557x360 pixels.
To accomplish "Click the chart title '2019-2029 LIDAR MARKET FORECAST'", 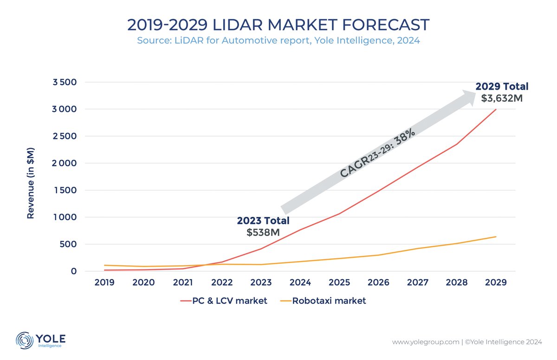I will click(x=278, y=24).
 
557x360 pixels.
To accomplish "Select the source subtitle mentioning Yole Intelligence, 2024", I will click(x=278, y=41).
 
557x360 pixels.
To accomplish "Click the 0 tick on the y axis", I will click(x=73, y=271).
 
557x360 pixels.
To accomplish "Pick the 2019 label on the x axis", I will click(x=104, y=282).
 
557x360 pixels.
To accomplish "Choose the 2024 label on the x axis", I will click(x=300, y=282).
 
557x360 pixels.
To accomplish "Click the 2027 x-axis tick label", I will click(x=418, y=282).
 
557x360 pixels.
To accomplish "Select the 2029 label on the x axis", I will click(x=496, y=282).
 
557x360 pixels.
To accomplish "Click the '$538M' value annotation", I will click(x=263, y=232).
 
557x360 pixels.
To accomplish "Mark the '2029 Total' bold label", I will click(x=502, y=86).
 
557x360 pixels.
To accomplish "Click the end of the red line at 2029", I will click(x=496, y=110).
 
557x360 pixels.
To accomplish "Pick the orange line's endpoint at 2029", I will click(x=496, y=237).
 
